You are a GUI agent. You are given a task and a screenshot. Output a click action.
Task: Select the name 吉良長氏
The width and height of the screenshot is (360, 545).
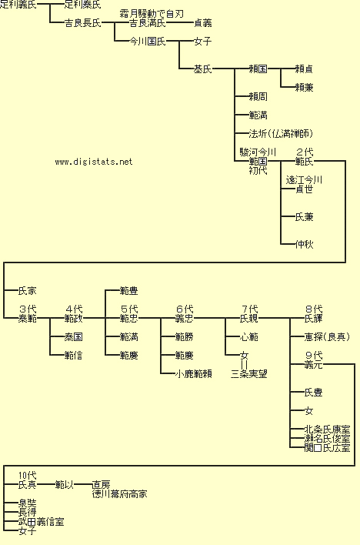[83, 23]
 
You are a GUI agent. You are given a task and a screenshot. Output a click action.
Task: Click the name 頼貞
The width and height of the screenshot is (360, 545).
[304, 69]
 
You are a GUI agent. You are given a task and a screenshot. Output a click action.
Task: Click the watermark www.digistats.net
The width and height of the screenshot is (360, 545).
[94, 162]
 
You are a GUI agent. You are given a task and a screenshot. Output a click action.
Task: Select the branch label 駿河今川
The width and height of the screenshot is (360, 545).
[258, 152]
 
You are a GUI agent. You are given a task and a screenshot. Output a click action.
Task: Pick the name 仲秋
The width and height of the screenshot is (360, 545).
[304, 245]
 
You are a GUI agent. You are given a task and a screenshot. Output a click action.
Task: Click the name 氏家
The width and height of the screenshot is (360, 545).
[27, 291]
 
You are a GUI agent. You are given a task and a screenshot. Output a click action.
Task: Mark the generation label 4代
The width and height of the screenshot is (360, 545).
[74, 309]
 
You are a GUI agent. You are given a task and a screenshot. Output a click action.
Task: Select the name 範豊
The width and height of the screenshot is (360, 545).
[128, 291]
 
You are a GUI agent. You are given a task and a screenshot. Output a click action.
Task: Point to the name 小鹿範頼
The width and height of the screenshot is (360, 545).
[193, 374]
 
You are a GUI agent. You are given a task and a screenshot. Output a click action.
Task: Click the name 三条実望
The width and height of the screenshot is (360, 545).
[248, 374]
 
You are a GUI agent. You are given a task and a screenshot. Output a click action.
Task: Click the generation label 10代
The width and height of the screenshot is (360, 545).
[27, 475]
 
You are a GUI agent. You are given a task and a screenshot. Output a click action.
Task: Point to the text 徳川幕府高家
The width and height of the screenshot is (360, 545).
[119, 494]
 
